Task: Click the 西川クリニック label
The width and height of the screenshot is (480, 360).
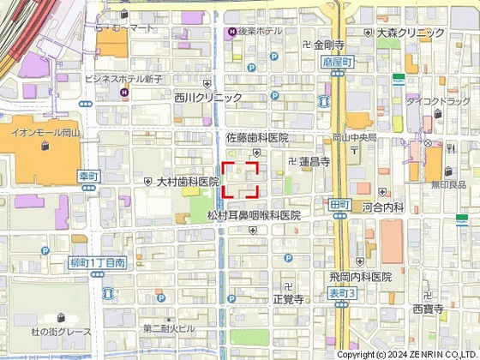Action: point(207,98)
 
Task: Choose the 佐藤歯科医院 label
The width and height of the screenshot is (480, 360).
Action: point(257,137)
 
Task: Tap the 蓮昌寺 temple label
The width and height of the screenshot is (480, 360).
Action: point(315,161)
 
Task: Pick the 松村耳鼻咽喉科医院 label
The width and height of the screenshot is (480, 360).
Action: point(254,216)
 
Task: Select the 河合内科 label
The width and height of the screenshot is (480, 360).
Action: point(382,207)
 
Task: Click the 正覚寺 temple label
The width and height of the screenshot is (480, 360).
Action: point(288,299)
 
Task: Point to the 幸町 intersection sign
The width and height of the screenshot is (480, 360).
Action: point(89,175)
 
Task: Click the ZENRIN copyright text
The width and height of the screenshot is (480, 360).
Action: point(407,354)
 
